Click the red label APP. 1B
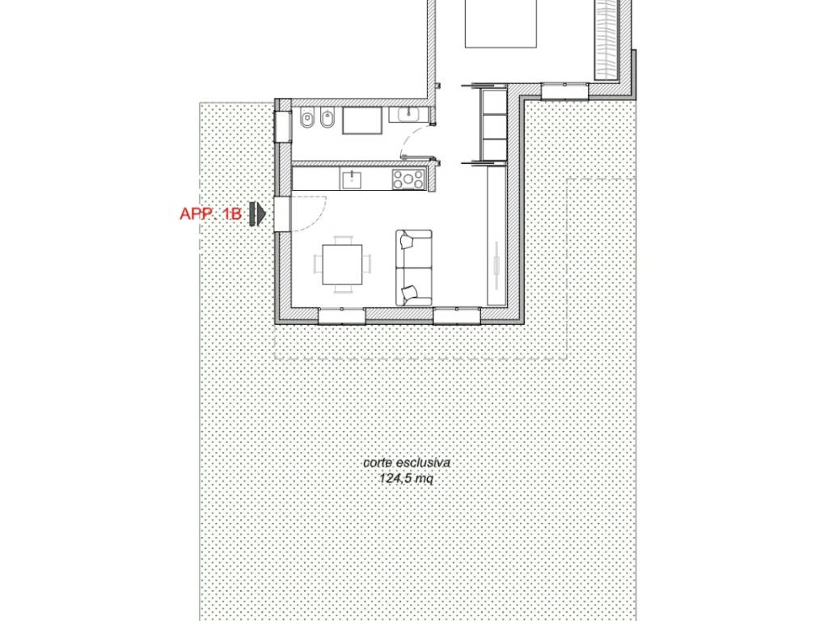tap(211, 213)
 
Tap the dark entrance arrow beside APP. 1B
tap(258, 213)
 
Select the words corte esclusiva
tap(407, 463)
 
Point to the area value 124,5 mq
tap(407, 479)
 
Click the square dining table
tap(343, 264)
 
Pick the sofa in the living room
tap(414, 267)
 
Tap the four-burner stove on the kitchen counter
tap(408, 179)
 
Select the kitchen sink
tap(352, 179)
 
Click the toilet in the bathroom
tap(306, 120)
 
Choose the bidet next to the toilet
tap(328, 120)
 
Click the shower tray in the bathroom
tap(362, 120)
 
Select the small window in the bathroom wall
tap(283, 127)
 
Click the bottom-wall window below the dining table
tap(342, 316)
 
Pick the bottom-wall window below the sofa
tap(457, 316)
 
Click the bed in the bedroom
tap(501, 23)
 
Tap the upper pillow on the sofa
tap(408, 241)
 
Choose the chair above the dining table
tap(343, 240)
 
